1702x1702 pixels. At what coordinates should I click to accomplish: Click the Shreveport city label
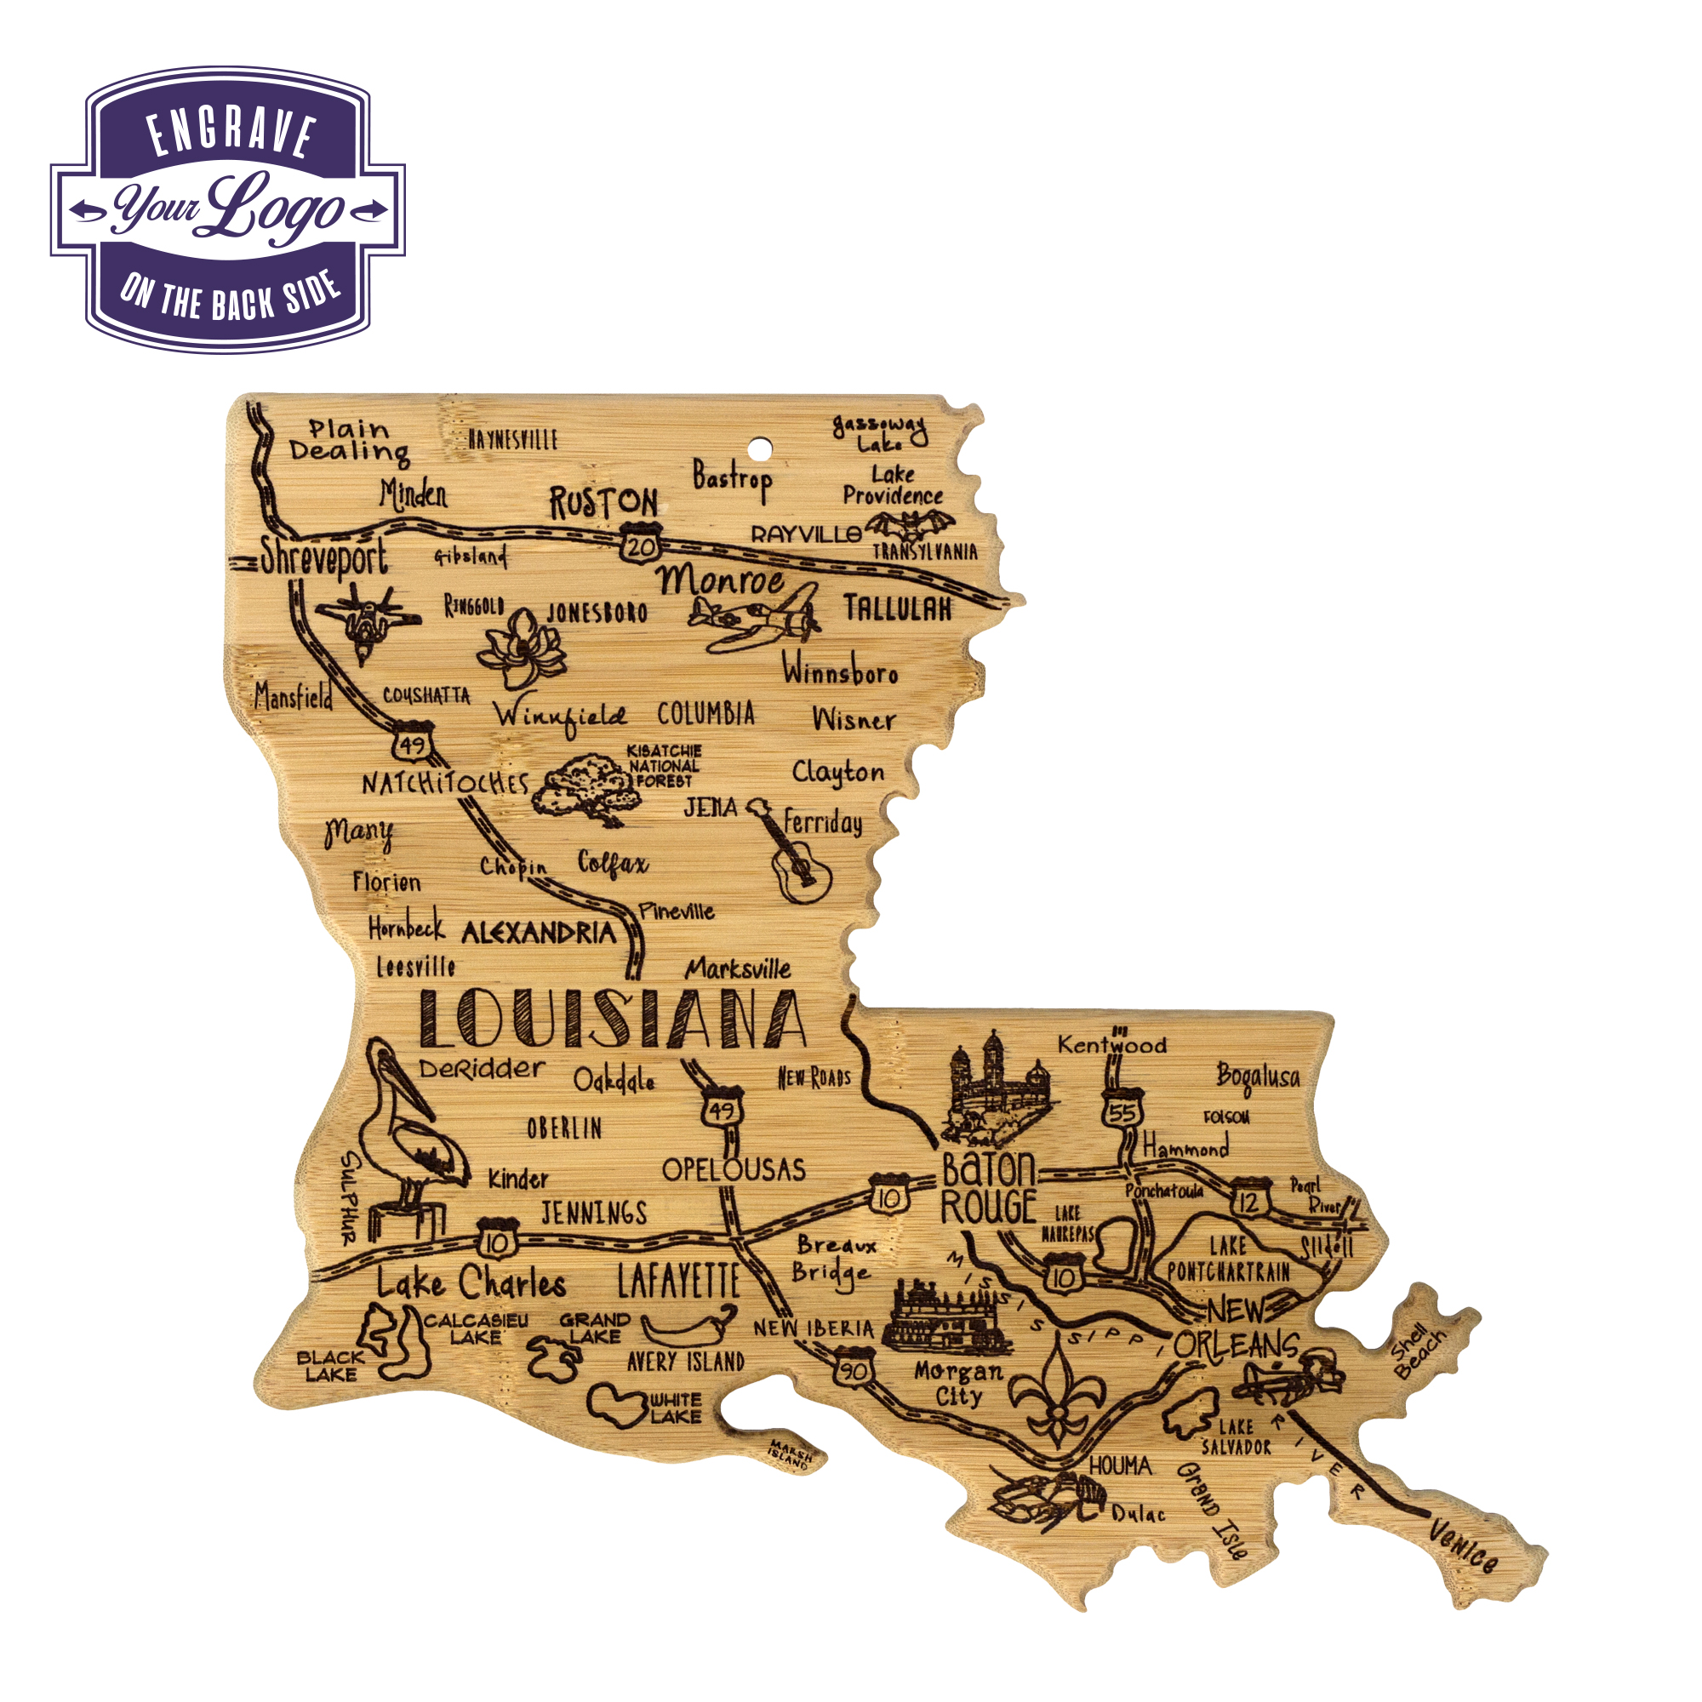click(323, 558)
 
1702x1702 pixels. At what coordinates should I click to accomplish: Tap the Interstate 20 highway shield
click(641, 545)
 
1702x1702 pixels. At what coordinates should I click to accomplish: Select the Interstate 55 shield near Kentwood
click(1122, 1111)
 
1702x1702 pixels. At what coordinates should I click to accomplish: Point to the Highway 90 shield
click(853, 1371)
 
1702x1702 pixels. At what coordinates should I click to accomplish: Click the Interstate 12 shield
click(1248, 1200)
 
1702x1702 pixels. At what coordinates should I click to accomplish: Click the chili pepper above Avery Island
click(688, 1324)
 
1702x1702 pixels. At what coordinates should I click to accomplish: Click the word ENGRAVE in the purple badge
click(231, 134)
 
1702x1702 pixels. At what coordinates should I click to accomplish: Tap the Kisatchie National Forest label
click(665, 766)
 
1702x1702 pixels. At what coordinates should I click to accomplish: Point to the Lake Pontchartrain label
click(1228, 1259)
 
